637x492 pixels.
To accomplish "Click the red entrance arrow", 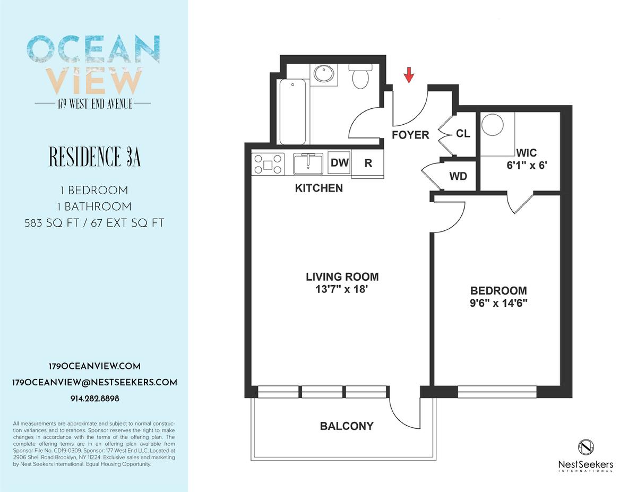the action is [x=409, y=75].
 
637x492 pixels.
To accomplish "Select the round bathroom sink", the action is [x=324, y=74].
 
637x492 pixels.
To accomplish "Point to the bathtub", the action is [x=292, y=111].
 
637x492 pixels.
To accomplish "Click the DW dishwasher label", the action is [x=339, y=162].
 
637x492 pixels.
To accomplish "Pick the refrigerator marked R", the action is [x=368, y=163].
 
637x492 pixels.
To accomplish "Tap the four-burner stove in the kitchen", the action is [x=268, y=165].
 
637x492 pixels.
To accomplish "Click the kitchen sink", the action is [x=308, y=164].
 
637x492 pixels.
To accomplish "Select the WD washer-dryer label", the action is [x=458, y=176].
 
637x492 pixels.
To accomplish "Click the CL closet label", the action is [x=463, y=134].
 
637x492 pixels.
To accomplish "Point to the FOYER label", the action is [x=410, y=135].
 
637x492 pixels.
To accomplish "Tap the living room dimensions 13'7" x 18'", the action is [x=342, y=289].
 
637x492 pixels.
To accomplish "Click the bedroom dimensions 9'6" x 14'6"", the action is [x=498, y=303].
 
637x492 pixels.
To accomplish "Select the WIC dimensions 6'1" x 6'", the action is [x=527, y=165].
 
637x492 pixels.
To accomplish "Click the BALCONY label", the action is [x=347, y=426].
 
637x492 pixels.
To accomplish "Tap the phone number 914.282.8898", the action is [x=94, y=399].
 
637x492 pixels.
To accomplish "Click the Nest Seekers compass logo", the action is [x=586, y=448].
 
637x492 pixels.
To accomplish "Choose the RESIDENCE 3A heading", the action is [x=94, y=157].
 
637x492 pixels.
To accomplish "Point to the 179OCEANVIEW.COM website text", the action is [x=94, y=367].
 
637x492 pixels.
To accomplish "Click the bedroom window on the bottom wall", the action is [x=497, y=392].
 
